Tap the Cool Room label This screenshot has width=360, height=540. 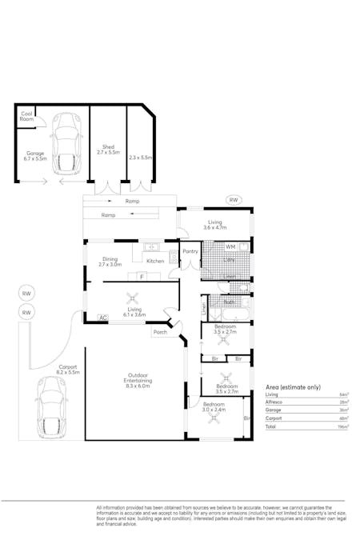point(26,116)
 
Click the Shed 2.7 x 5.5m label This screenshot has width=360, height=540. point(107,150)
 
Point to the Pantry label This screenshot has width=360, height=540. point(190,251)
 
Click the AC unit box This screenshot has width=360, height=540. point(102,318)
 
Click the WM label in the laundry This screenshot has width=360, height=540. point(230,247)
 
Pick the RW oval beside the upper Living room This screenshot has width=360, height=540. point(234,200)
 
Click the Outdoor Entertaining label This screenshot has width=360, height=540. point(133,380)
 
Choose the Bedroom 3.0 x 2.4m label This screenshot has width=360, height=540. point(214,406)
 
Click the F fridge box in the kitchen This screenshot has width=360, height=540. point(142,277)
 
